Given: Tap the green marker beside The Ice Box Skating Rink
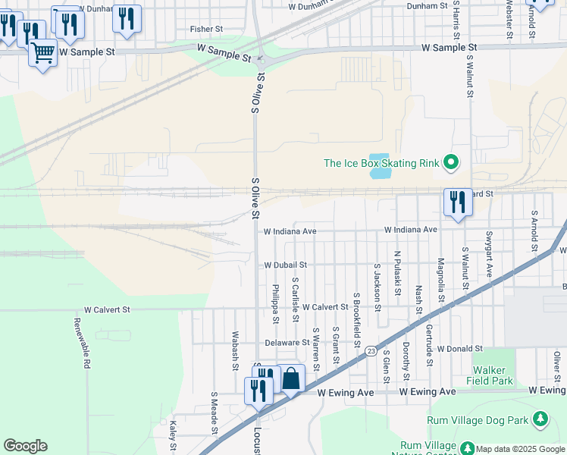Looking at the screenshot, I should click(x=451, y=162).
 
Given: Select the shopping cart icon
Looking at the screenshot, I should click(x=43, y=53).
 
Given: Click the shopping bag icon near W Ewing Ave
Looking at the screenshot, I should click(x=291, y=377).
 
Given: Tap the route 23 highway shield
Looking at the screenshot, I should click(x=371, y=350).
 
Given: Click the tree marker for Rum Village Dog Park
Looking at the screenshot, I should click(x=540, y=419).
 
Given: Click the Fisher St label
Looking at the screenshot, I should click(x=206, y=29).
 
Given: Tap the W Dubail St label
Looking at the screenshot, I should click(x=285, y=265).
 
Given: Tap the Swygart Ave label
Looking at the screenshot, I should click(x=490, y=254).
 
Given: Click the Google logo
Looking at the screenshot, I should click(x=25, y=446).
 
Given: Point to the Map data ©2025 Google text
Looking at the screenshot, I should click(x=519, y=449).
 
